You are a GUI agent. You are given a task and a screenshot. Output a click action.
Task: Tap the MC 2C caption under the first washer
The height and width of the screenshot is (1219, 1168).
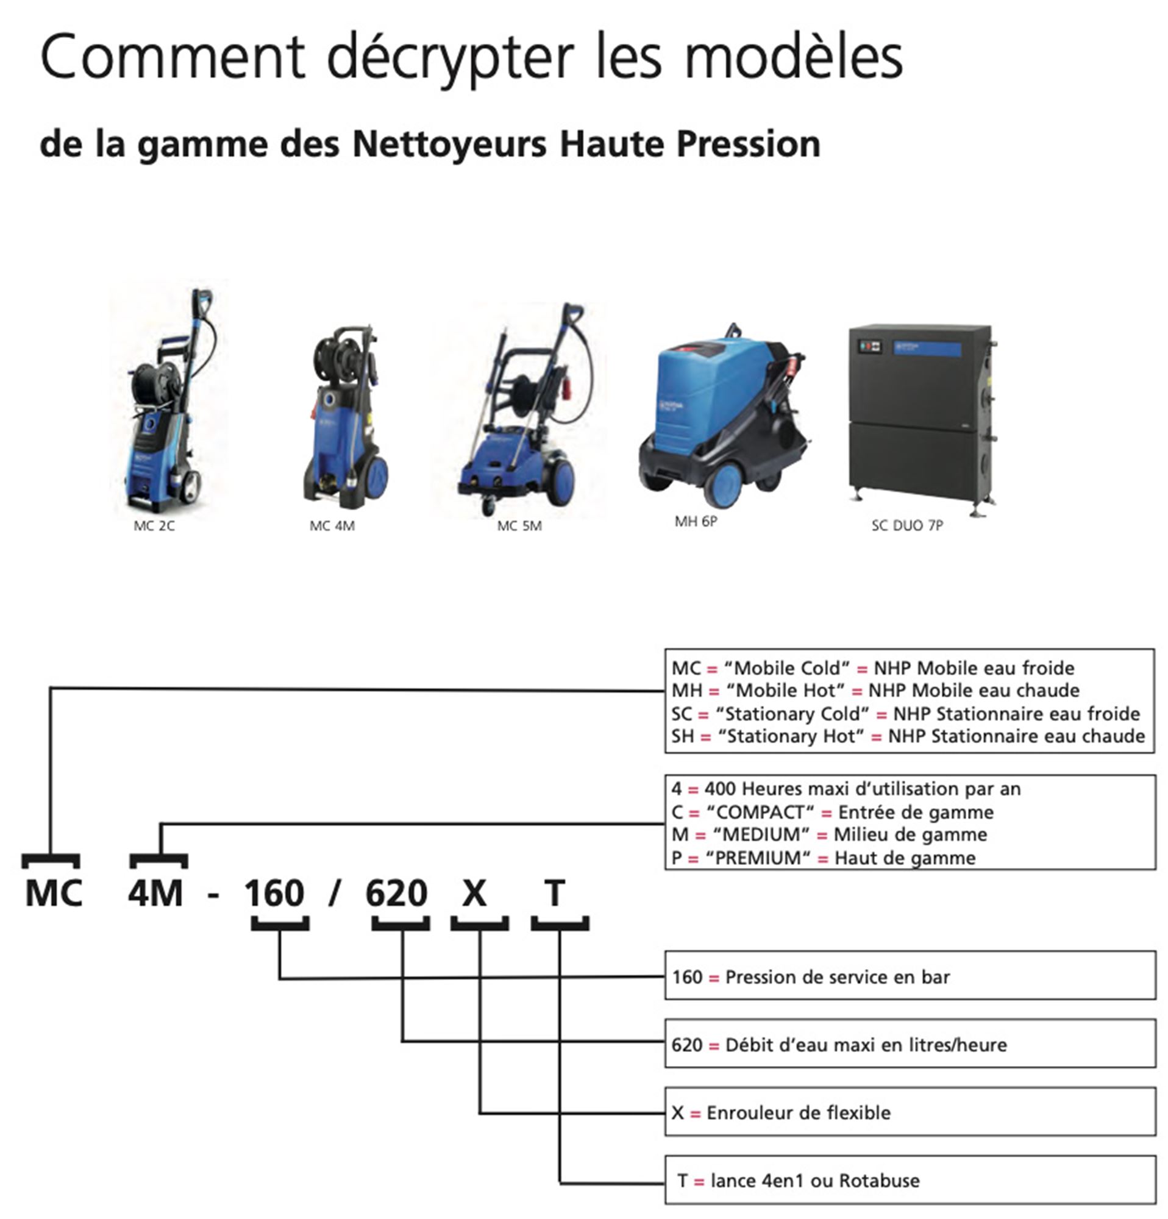(154, 526)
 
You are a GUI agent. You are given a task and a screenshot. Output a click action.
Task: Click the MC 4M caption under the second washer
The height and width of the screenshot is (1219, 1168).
(332, 526)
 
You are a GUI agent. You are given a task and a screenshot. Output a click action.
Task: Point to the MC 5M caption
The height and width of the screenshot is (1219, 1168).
(519, 526)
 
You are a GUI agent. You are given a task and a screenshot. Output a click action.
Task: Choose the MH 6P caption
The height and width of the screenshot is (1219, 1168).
(696, 522)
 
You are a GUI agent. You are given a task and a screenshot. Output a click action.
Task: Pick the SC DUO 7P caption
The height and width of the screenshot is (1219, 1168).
(907, 525)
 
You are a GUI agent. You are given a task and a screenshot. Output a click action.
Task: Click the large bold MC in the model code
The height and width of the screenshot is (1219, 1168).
(54, 893)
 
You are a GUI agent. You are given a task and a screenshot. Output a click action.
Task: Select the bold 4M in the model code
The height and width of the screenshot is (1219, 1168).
(155, 893)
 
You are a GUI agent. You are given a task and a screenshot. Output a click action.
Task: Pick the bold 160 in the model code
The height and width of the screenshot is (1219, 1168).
(274, 893)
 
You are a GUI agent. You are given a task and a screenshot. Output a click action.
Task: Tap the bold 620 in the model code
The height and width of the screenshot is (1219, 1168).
(396, 893)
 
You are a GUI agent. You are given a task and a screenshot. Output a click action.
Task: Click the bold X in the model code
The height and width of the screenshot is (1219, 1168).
(474, 893)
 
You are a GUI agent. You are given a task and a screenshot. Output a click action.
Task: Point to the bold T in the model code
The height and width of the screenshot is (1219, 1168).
(555, 893)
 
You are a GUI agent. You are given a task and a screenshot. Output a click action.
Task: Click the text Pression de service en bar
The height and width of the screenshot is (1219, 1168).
(837, 977)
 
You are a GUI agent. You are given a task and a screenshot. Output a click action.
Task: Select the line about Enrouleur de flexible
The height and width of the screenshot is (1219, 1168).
(781, 1113)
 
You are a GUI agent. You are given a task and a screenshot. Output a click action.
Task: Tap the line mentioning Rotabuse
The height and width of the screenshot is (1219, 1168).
(799, 1181)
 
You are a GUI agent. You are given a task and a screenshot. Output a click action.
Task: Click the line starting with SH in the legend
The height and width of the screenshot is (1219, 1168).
(908, 736)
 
